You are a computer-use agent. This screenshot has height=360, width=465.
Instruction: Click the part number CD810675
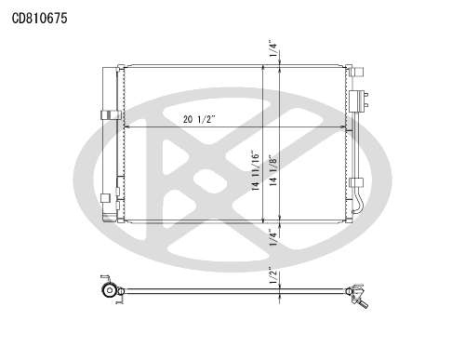coord(39,19)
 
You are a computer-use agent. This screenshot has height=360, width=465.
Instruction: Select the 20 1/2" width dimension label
coord(199,119)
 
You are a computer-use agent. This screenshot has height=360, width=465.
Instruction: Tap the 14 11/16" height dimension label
coord(255,170)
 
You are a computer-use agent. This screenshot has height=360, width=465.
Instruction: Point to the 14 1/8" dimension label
coord(273,170)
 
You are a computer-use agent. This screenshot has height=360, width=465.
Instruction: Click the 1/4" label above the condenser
coord(273,48)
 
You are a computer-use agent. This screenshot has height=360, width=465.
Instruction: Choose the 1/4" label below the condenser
coord(273,237)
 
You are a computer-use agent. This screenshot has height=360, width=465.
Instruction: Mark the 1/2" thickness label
coord(273,274)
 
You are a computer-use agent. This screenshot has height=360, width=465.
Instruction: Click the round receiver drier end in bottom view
coord(110,291)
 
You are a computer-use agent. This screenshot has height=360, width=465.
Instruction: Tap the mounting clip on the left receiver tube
coord(111,115)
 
